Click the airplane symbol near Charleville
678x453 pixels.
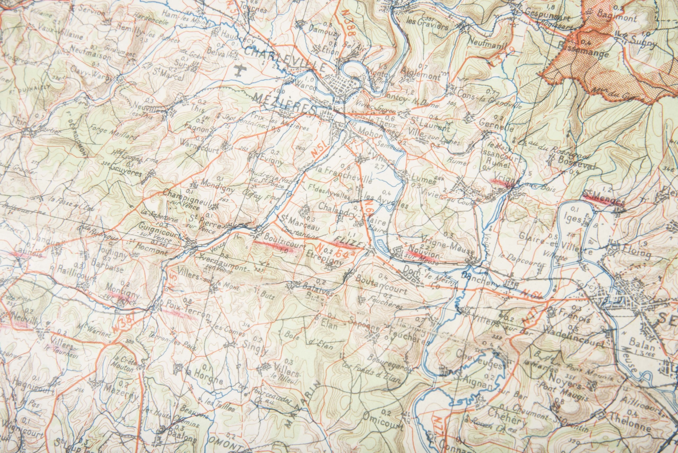[x=239, y=70]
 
